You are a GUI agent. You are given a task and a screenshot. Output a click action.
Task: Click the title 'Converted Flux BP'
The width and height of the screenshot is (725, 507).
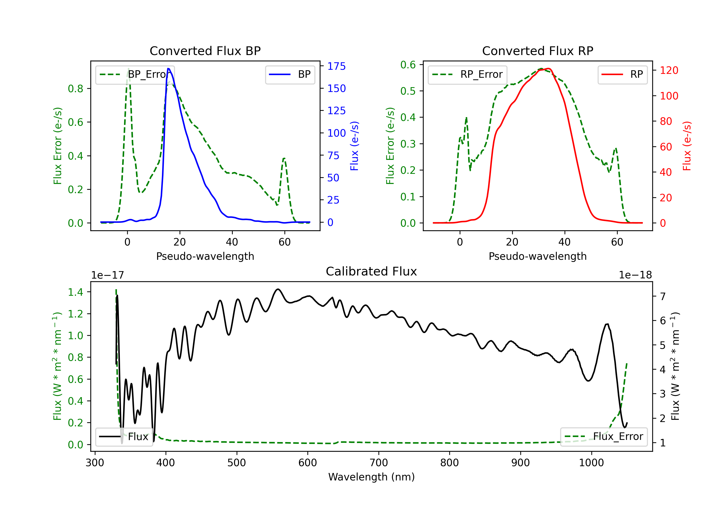point(205,51)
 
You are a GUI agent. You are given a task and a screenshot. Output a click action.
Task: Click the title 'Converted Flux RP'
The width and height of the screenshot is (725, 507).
point(537,51)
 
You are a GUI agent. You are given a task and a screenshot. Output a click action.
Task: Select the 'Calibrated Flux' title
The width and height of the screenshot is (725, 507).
point(371,271)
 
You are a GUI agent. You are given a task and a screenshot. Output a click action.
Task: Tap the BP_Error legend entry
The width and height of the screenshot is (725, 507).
point(135,74)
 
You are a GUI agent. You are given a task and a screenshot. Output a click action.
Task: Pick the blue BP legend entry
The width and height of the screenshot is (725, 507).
point(290,74)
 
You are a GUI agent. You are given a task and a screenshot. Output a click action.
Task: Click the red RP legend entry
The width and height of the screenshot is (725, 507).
point(622,74)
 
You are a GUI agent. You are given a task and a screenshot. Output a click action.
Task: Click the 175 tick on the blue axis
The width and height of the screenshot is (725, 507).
point(336,66)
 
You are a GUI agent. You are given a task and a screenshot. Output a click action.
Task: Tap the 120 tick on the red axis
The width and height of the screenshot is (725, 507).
point(669,70)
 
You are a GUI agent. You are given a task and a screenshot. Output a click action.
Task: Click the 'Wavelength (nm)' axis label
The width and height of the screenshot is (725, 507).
point(371,477)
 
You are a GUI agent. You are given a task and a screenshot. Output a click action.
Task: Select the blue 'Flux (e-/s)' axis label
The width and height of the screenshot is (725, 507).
point(354,146)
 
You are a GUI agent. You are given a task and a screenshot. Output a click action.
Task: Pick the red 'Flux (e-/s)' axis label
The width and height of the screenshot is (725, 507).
point(687,146)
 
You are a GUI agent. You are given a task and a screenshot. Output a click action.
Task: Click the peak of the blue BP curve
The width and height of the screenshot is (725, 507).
point(168,69)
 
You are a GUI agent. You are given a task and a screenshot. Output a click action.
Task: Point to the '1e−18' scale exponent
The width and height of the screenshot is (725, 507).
point(635,275)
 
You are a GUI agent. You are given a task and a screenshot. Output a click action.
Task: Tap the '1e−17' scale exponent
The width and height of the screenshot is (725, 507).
point(108,275)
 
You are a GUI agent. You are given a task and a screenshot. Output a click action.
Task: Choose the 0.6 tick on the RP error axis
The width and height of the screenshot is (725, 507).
point(408,65)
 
